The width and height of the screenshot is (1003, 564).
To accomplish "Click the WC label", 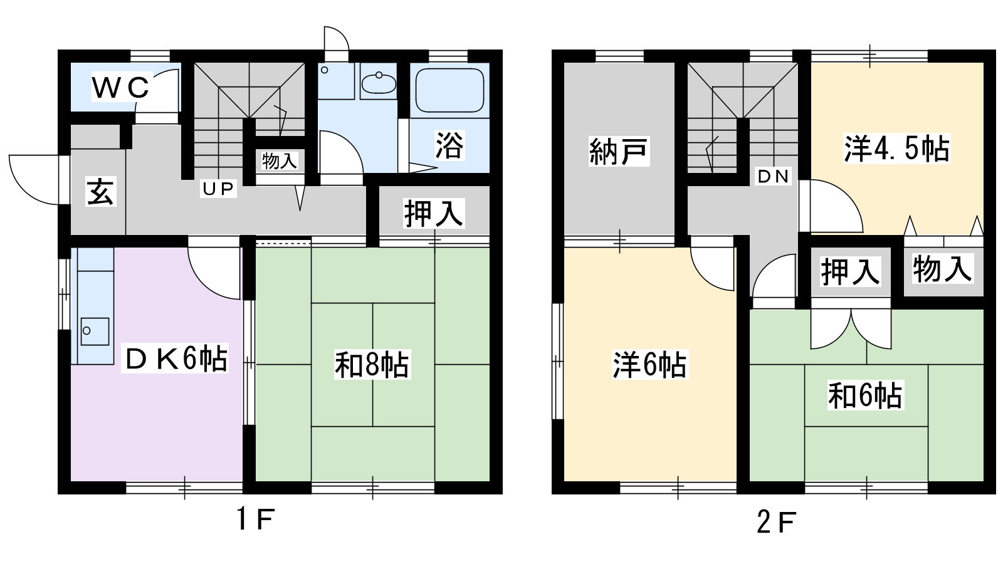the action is click(120, 87).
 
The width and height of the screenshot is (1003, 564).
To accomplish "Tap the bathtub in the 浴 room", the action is click(449, 91).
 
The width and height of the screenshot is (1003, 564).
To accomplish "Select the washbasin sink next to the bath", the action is click(379, 82).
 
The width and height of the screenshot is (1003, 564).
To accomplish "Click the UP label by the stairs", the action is click(218, 189).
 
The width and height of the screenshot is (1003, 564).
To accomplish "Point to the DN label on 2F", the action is click(773, 177).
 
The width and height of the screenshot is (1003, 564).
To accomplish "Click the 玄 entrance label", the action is click(101, 192).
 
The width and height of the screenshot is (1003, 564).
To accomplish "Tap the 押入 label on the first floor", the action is click(433, 213).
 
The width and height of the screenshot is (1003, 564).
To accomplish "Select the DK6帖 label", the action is click(176, 358).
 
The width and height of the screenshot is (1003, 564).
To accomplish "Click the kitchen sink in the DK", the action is click(95, 332).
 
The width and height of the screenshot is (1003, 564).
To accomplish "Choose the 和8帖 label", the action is click(372, 365).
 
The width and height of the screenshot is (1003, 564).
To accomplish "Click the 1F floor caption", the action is click(255, 520).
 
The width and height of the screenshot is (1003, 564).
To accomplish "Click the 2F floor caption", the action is click(776, 522).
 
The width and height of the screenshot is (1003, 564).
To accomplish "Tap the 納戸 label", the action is click(618, 152).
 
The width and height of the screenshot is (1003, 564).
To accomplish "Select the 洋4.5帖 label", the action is click(896, 149).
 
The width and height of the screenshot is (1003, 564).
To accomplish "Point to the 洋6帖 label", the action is click(649, 365).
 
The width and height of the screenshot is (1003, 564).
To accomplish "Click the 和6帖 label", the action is click(865, 395).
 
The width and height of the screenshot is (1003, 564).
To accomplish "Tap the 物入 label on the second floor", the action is click(942, 269).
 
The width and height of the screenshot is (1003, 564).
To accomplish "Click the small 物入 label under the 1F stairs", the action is click(280, 160).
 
